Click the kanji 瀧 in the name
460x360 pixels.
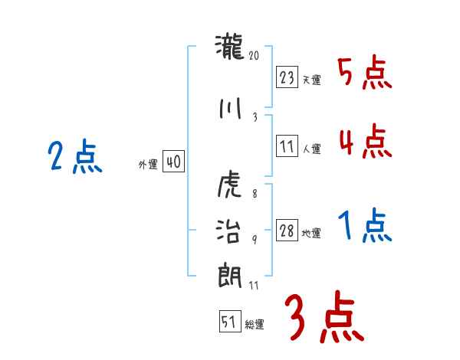tap(229, 47)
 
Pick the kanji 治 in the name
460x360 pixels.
tap(229, 230)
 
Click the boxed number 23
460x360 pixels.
tap(287, 77)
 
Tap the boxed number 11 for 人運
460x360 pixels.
tap(287, 146)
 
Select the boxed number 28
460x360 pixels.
tap(287, 231)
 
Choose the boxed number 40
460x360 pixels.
tap(173, 162)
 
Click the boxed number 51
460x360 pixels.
tap(229, 322)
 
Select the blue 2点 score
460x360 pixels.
tap(74, 159)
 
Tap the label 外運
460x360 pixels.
tap(148, 165)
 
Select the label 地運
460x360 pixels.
tap(312, 234)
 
